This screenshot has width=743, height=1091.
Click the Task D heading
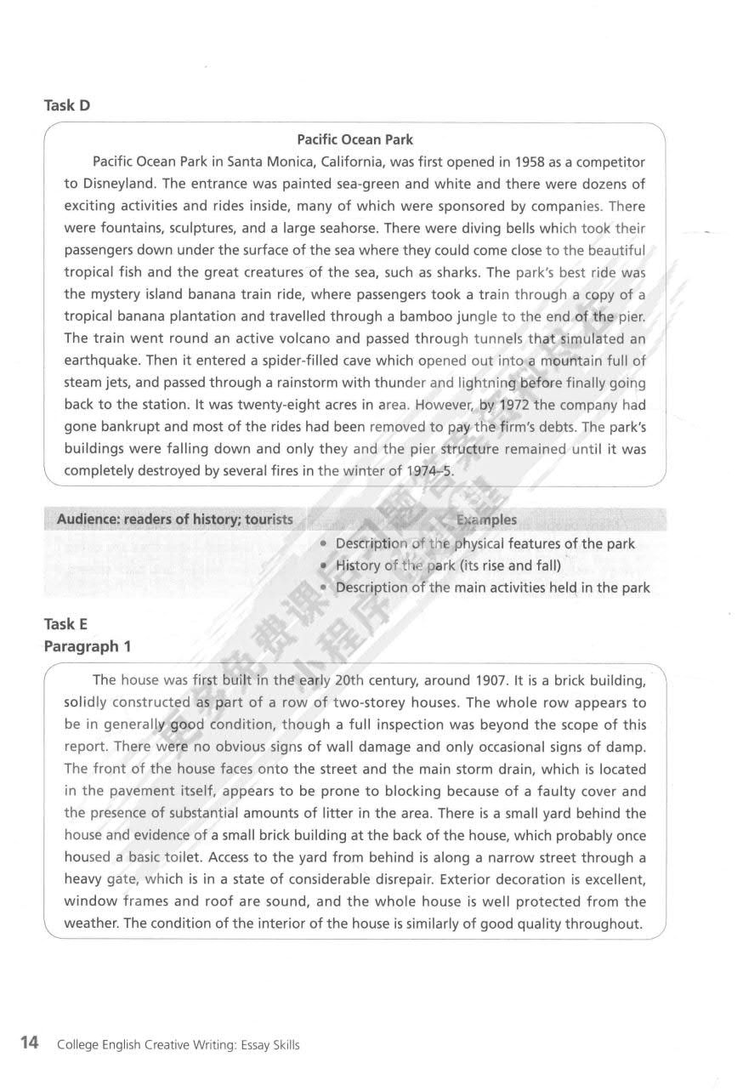point(66,106)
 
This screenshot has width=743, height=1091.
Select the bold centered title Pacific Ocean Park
point(354,139)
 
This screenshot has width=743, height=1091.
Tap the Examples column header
point(485,520)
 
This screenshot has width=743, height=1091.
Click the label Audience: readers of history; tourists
point(174,520)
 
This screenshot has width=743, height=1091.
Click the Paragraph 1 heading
point(87,647)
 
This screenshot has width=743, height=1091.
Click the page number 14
point(30,1043)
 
